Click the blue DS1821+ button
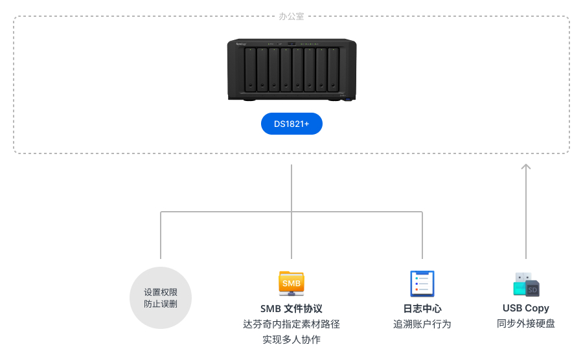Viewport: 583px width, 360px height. pyautogui.click(x=291, y=124)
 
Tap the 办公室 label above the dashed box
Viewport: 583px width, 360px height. pyautogui.click(x=291, y=16)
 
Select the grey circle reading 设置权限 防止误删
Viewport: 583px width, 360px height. pyautogui.click(x=161, y=298)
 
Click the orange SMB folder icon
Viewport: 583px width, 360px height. pyautogui.click(x=291, y=284)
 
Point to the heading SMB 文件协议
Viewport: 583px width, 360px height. pyautogui.click(x=291, y=309)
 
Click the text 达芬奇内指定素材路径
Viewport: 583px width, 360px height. pyautogui.click(x=291, y=324)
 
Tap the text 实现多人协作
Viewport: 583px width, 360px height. pyautogui.click(x=291, y=339)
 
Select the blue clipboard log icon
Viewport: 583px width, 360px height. pyautogui.click(x=422, y=284)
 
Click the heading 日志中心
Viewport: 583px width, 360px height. pyautogui.click(x=422, y=309)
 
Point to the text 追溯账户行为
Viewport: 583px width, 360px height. pyautogui.click(x=422, y=324)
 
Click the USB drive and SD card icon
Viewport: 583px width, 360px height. pyautogui.click(x=526, y=284)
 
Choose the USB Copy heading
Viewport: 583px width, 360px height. pyautogui.click(x=526, y=308)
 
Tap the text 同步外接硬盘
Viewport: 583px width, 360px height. pyautogui.click(x=526, y=324)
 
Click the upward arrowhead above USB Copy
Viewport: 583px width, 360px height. pyautogui.click(x=526, y=167)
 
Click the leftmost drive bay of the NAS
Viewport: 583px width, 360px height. pyautogui.click(x=251, y=70)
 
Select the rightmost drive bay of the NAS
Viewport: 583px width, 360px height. pyautogui.click(x=333, y=70)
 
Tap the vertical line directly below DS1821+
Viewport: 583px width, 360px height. pyautogui.click(x=291, y=188)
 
